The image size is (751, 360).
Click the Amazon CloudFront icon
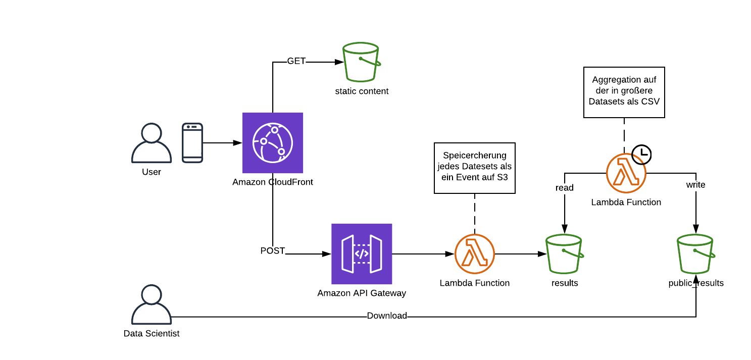272,143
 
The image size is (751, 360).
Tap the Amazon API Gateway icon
361,254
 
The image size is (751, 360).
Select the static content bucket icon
361,62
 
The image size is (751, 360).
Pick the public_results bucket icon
695,254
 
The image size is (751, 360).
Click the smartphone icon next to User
192,143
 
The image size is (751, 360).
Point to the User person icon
152,143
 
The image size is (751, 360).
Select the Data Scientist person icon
152,304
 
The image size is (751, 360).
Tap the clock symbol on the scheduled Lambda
642,153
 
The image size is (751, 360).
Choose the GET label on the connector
296,61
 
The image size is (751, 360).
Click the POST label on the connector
273,251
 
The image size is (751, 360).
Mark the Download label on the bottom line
387,316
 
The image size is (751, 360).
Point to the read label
564,188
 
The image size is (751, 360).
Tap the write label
695,185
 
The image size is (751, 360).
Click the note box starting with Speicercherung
474,168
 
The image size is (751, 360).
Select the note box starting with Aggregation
624,92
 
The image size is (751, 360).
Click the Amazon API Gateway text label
361,293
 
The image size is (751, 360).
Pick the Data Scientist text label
152,334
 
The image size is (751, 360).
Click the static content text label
362,91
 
